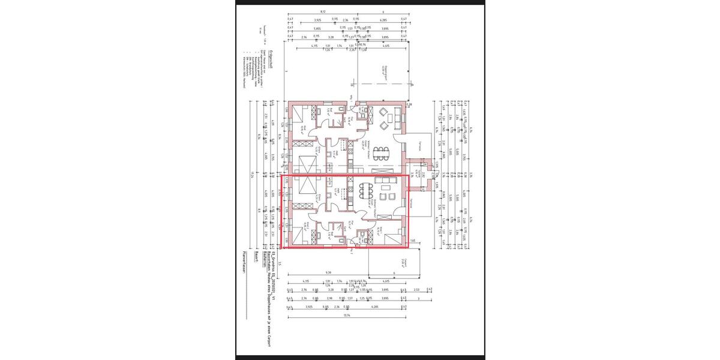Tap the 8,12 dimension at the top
pyautogui.click(x=323, y=11)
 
